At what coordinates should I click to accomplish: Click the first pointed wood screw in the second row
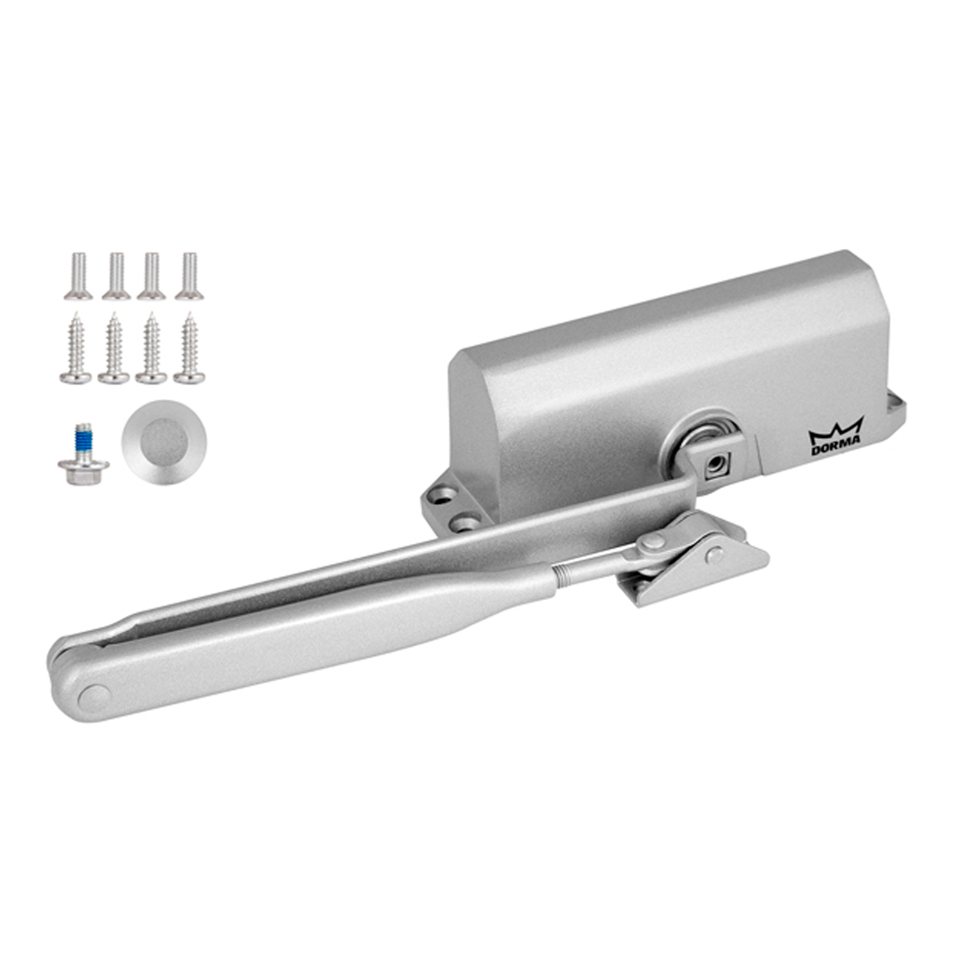tap(75, 347)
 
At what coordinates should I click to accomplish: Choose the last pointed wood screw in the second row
tap(189, 347)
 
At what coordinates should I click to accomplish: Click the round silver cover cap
tap(163, 442)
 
